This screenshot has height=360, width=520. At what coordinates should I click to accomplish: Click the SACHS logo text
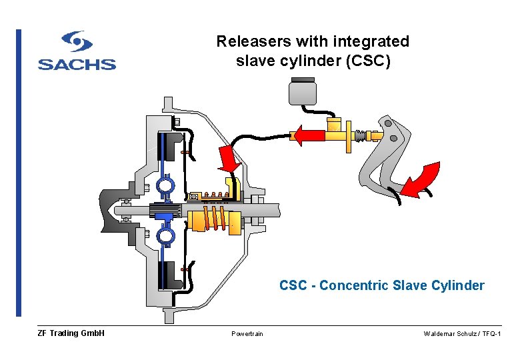click(77, 65)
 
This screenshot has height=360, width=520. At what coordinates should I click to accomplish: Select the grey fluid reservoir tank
click(302, 91)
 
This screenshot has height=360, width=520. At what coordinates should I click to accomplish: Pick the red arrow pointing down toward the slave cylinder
click(230, 158)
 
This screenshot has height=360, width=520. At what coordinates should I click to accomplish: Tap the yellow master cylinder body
click(337, 134)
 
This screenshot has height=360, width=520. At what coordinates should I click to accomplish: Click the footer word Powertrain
click(247, 334)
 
